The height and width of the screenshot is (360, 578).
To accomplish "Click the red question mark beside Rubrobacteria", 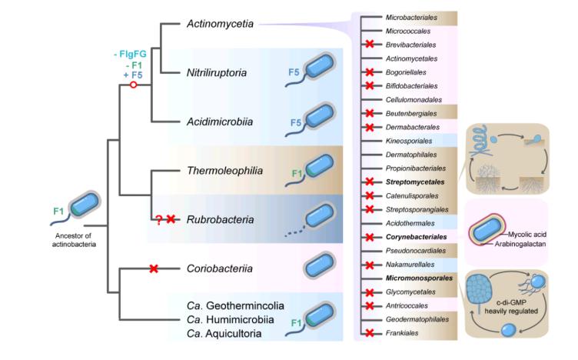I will [159, 219].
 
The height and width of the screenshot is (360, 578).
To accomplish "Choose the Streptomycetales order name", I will [416, 182].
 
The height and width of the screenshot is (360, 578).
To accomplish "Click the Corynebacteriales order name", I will [417, 237].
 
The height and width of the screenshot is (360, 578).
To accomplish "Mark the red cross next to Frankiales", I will [370, 333].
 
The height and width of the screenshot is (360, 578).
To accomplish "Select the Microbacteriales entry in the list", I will [414, 16].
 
